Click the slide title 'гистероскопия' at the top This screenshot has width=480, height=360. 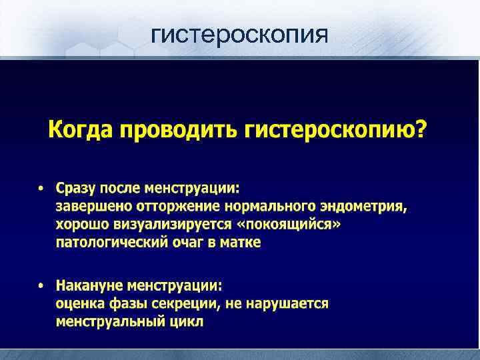pos(239,33)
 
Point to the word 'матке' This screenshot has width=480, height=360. pos(242,243)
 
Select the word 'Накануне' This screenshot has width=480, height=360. pos(87,286)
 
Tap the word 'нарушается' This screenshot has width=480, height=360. pos(294,304)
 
